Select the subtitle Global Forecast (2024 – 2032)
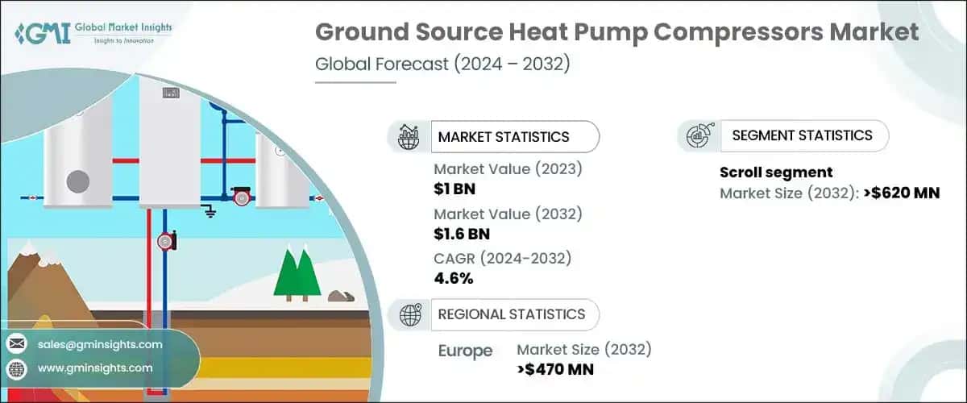[442, 64]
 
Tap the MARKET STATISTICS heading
[503, 137]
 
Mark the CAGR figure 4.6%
[454, 279]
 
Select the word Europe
[466, 351]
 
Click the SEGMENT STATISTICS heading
[801, 135]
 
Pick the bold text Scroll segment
[775, 172]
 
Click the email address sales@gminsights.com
[100, 344]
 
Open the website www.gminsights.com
[94, 368]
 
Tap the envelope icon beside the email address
[16, 344]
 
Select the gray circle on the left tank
[77, 182]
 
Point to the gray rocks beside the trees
[341, 296]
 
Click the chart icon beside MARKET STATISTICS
[410, 137]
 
